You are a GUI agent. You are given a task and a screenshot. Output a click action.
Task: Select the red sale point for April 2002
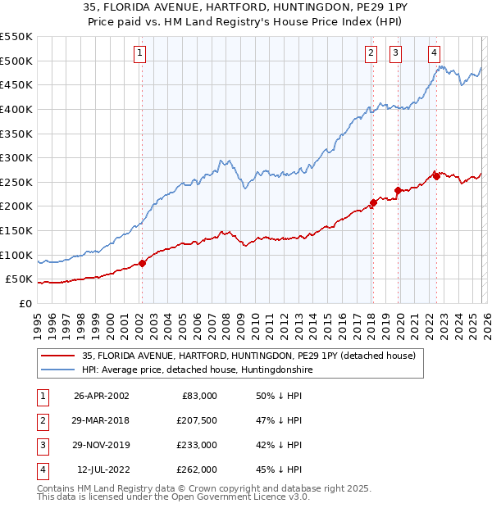coord(142,263)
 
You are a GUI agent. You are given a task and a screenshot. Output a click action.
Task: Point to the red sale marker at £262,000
coord(436,176)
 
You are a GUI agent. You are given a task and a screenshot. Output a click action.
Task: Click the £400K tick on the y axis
coord(17,109)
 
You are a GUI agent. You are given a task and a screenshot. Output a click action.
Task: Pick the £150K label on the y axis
coord(17,231)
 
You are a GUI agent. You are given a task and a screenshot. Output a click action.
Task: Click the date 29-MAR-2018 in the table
coord(102,420)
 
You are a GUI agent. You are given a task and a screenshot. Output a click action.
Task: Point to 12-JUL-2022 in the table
coord(102,469)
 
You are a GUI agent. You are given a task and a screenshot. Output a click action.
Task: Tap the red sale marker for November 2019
coord(398,190)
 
